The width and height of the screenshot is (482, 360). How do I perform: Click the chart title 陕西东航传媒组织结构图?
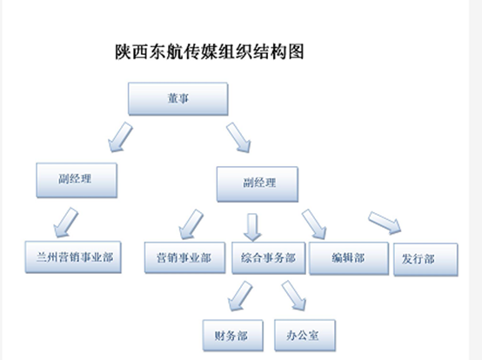pos(210,51)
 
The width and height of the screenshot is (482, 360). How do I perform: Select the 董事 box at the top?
pos(178,99)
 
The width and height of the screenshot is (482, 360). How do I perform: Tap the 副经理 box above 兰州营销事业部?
pos(77,180)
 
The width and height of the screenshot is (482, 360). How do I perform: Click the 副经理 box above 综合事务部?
pos(258,184)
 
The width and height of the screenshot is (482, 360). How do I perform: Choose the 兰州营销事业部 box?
pos(73,257)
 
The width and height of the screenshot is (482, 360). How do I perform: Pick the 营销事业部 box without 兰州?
pos(184,257)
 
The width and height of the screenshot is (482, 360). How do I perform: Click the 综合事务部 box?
pos(268,258)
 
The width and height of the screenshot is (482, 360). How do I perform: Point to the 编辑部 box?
pos(349,258)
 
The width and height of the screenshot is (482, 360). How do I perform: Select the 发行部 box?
pos(425,259)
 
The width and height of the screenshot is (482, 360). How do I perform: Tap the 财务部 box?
pos(232,336)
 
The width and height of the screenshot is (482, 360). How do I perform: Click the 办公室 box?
pos(305,335)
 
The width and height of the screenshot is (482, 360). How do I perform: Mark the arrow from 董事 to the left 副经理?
pos(120,137)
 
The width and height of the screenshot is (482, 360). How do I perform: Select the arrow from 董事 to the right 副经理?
pos(238,137)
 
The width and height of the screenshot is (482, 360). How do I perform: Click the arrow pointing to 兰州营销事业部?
pos(66,222)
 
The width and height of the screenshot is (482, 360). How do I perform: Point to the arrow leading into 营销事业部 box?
pos(191,224)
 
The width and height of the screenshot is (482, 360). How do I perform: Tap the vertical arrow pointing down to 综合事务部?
pos(252,227)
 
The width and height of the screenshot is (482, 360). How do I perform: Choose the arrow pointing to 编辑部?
pos(314,224)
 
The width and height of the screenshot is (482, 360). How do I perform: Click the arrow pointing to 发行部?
pos(385,223)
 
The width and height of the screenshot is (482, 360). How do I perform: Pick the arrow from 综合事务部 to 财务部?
pos(240,296)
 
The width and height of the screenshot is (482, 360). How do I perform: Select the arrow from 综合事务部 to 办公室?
pos(294,296)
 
